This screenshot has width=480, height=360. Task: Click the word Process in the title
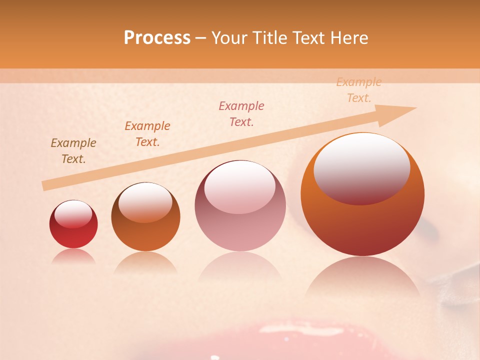point(157,38)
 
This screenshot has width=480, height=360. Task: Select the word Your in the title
point(228,38)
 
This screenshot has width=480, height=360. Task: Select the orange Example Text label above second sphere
point(147,134)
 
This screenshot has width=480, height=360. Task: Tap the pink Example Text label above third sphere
point(241,114)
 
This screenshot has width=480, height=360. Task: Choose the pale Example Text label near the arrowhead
point(358,90)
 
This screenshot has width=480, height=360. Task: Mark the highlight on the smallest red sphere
point(73,214)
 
